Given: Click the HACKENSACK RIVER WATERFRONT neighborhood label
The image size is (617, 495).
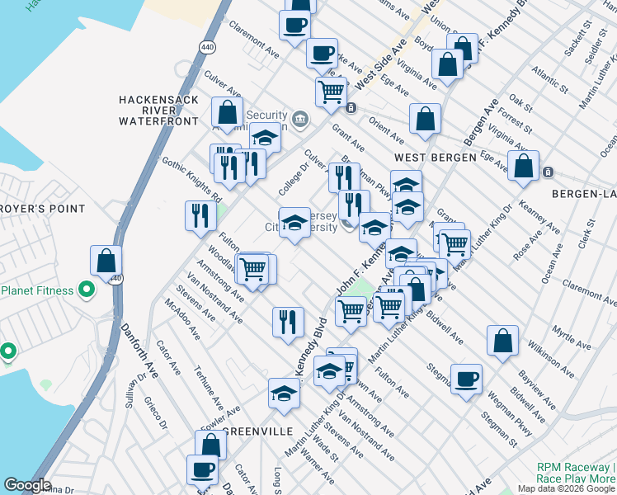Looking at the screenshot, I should [158, 109].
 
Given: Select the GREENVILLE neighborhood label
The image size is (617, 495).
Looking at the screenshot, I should [257, 431].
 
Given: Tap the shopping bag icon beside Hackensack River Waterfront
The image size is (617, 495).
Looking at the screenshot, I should [227, 112].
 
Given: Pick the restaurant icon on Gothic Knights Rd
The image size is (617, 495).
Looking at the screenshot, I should [200, 216].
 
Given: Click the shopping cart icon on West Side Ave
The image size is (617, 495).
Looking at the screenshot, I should [332, 92].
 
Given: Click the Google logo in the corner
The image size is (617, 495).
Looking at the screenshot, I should [27, 485].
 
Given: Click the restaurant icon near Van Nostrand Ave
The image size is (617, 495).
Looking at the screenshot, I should [285, 322].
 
